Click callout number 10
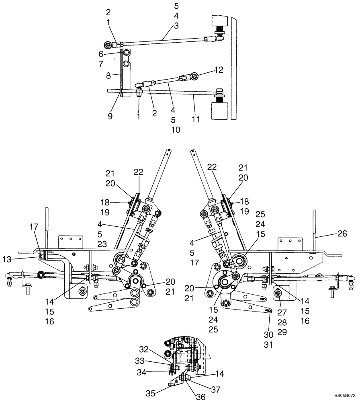point(175,129)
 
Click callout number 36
point(189,396)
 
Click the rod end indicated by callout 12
point(194,76)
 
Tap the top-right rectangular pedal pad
point(220,21)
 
